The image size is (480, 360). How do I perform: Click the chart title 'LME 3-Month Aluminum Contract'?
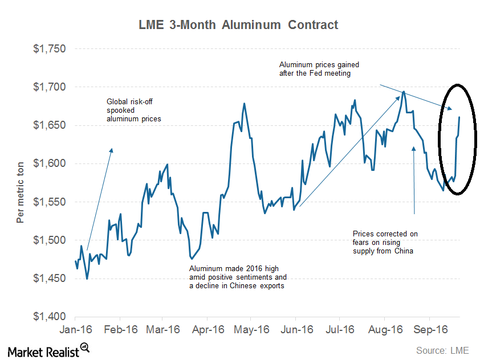point(239,25)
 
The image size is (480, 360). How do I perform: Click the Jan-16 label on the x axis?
point(75,330)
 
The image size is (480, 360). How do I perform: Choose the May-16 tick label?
point(251,330)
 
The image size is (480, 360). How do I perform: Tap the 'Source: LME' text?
point(442,350)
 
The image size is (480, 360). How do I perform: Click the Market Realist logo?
point(48,350)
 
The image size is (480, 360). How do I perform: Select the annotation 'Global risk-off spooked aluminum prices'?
point(134,111)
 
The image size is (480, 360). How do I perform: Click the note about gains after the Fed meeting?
point(319,69)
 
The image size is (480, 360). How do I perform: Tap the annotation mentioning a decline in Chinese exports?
point(237,277)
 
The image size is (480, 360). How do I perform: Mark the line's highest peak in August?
point(404,91)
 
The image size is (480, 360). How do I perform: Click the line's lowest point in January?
point(87,279)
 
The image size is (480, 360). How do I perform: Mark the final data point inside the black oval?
point(459,117)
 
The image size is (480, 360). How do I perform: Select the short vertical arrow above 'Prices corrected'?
point(414,179)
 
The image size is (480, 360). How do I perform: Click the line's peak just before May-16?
point(244,104)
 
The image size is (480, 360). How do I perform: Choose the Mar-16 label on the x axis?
point(163,330)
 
